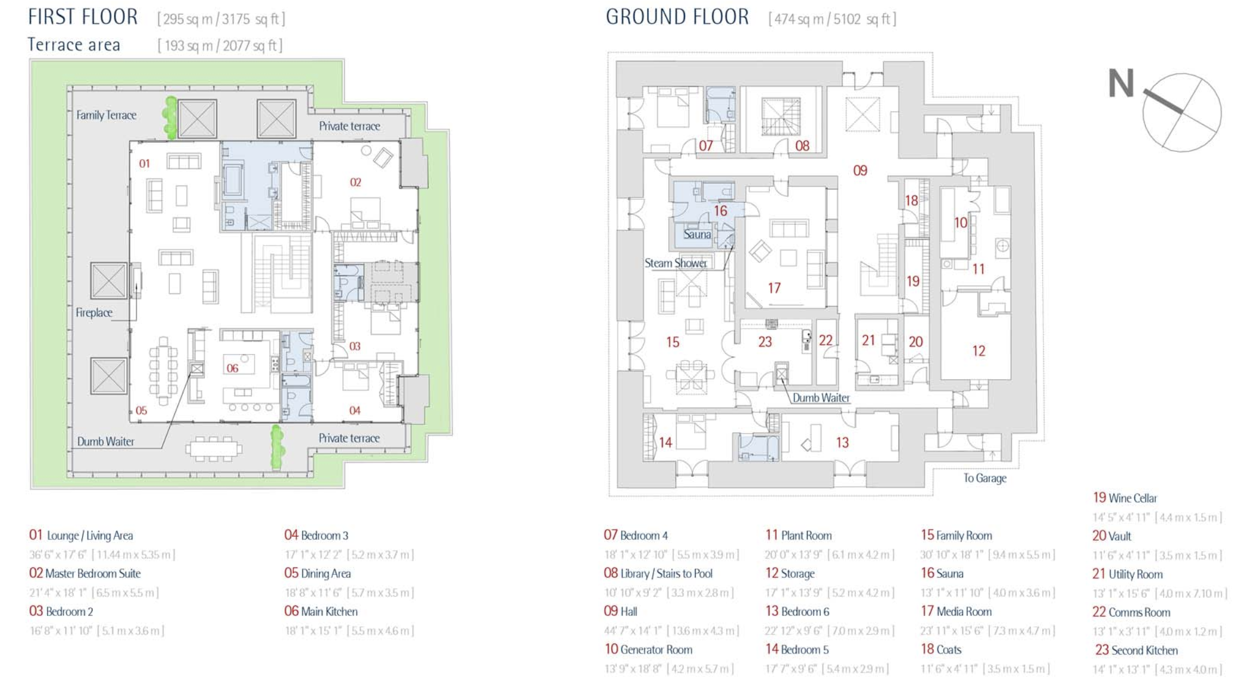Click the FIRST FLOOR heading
[83, 17]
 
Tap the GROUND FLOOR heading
[677, 17]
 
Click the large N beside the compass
[1121, 83]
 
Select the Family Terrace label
[106, 115]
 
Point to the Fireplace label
[93, 312]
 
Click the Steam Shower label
[676, 263]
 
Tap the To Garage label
[984, 478]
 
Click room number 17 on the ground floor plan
[774, 288]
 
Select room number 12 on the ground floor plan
[979, 351]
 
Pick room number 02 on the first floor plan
[355, 182]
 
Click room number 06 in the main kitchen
[232, 368]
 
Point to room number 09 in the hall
[860, 171]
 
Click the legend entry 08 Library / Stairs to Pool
[658, 573]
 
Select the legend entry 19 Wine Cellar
[1124, 498]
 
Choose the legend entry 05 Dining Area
[317, 573]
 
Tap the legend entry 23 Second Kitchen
[1136, 650]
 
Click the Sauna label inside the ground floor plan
[697, 234]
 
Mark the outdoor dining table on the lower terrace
[214, 448]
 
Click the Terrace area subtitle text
[74, 45]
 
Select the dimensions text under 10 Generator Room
[669, 668]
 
